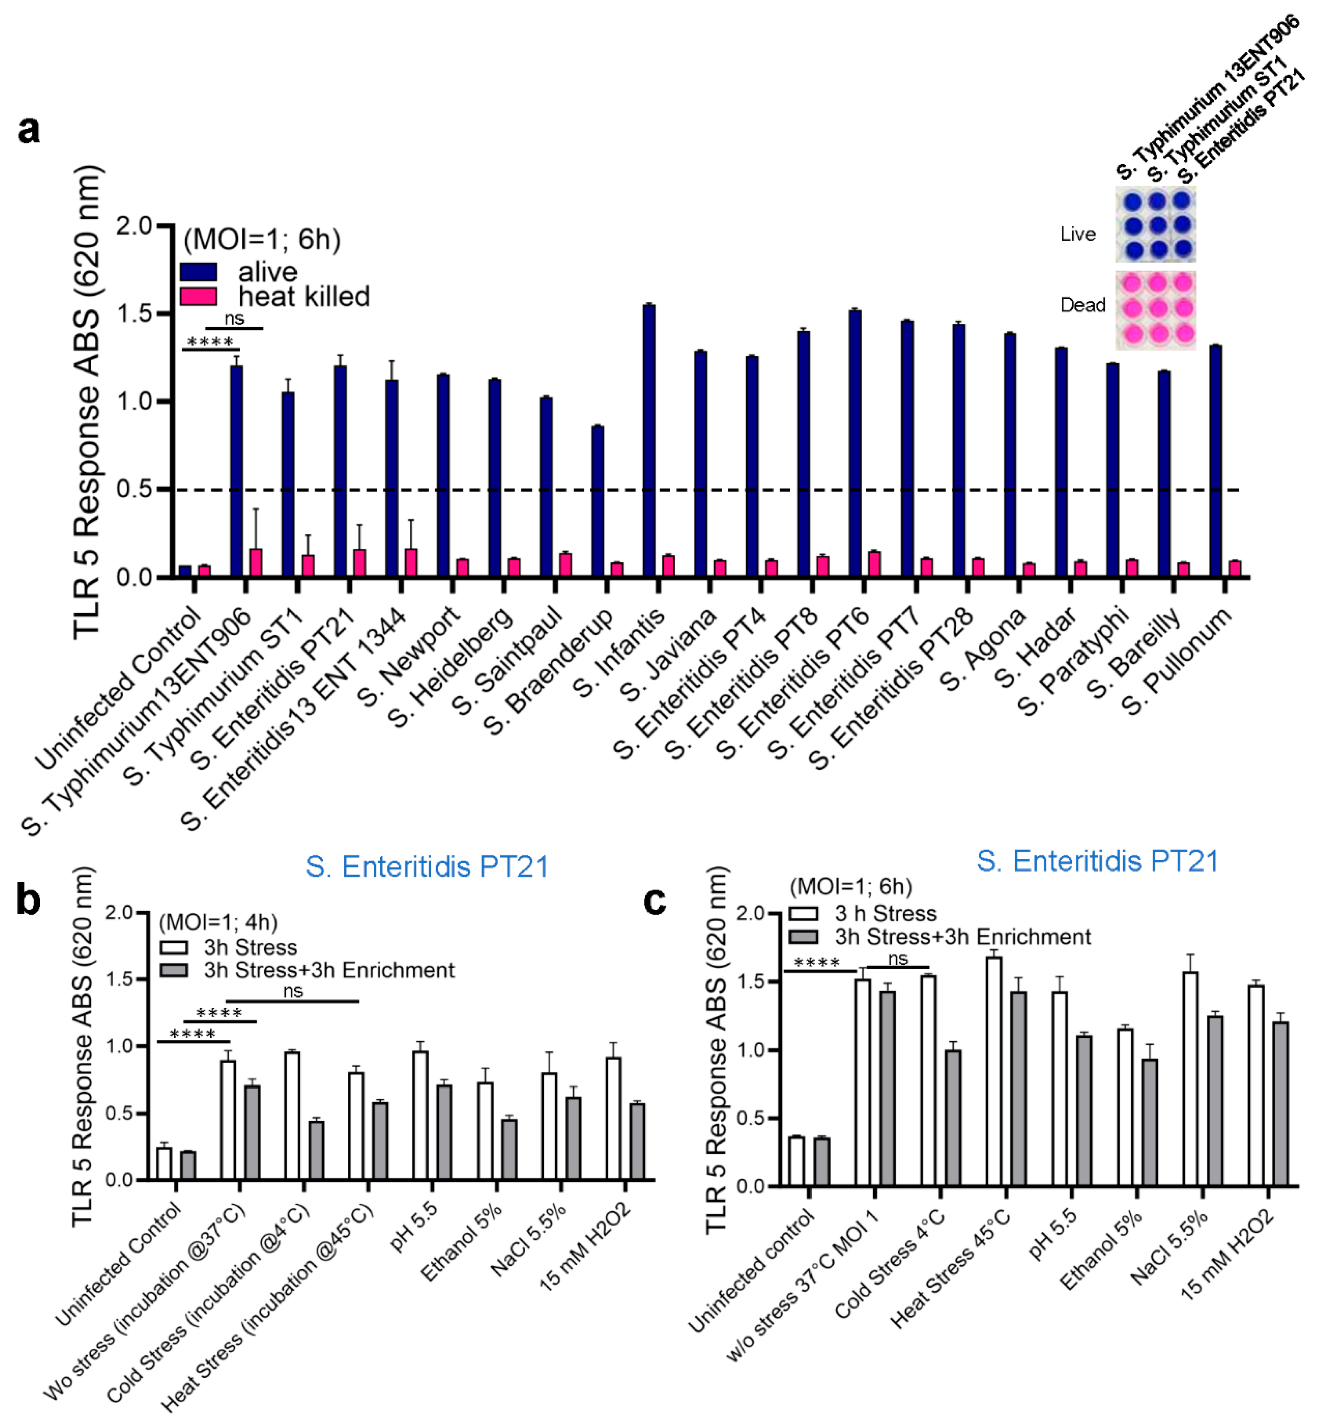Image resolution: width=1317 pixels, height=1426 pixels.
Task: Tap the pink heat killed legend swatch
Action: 198,296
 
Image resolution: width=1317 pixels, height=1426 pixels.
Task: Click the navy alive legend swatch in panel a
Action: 198,271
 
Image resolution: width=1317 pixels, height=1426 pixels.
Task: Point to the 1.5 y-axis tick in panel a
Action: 136,314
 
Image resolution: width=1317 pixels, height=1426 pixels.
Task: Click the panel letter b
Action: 28,900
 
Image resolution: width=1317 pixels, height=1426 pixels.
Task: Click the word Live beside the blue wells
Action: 1078,234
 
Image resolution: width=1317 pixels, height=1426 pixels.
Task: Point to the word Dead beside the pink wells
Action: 1083,305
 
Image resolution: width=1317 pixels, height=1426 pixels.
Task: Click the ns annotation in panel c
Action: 898,959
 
